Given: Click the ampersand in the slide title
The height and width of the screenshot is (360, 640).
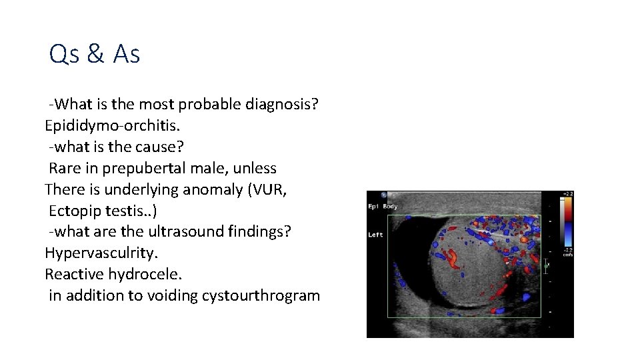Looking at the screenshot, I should tap(95, 55).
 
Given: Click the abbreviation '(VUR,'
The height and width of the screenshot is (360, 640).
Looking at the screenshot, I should tap(267, 190).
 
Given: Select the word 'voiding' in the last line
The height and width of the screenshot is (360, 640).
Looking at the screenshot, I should tap(171, 296).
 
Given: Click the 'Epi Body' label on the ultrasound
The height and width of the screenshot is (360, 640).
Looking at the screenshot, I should tap(383, 207).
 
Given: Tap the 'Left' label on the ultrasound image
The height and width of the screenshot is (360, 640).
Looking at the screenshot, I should tap(375, 235).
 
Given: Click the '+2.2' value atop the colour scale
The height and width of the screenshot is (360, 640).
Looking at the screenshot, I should tap(567, 195).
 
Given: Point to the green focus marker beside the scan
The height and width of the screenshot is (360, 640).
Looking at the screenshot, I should tap(547, 265).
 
